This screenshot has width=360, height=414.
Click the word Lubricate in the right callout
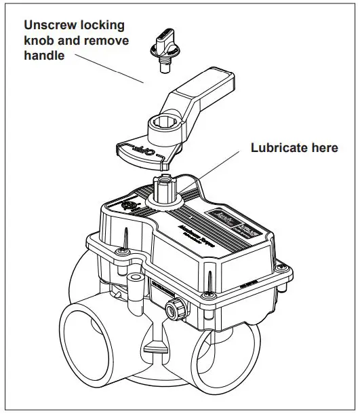pos(277,148)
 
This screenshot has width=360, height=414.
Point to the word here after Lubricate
pos(322,148)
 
